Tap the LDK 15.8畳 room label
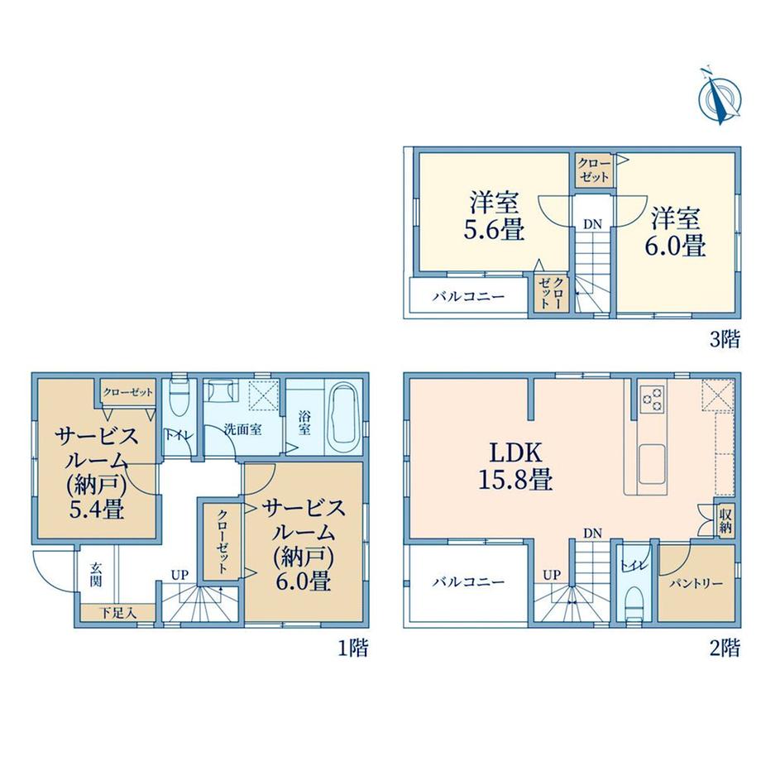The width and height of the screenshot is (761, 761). click(x=515, y=467)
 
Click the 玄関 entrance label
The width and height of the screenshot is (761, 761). click(x=96, y=574)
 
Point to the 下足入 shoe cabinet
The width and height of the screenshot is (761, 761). click(x=118, y=612)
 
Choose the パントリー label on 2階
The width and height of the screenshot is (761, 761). click(x=696, y=583)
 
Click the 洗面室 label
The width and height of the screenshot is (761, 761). click(x=243, y=429)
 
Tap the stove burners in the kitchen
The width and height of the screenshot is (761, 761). click(x=653, y=398)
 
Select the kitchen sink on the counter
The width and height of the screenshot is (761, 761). click(x=653, y=463)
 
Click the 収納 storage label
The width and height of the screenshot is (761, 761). click(x=725, y=521)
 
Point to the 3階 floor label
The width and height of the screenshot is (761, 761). click(x=725, y=339)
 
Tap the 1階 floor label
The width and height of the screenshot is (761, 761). click(x=353, y=648)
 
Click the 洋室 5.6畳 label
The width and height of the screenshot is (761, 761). click(x=494, y=217)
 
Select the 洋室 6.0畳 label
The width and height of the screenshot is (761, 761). click(x=675, y=232)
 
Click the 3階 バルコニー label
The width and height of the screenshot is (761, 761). click(x=468, y=296)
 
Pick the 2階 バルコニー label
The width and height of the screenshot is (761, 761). click(x=468, y=582)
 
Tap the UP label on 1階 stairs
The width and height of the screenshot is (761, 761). click(x=179, y=575)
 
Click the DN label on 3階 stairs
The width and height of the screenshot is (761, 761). click(x=592, y=224)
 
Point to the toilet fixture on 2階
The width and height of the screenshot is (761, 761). click(x=634, y=603)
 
